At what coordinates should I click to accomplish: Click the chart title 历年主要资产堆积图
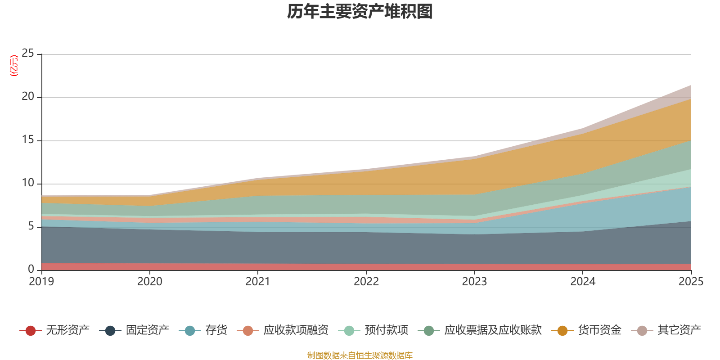pyautogui.click(x=360, y=12)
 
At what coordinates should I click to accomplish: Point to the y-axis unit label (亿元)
pyautogui.click(x=14, y=66)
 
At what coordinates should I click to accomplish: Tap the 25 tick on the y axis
pyautogui.click(x=28, y=53)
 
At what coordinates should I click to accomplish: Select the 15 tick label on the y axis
pyautogui.click(x=28, y=139)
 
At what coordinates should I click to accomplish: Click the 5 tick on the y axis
pyautogui.click(x=31, y=226)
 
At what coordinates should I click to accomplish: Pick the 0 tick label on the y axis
pyautogui.click(x=31, y=269)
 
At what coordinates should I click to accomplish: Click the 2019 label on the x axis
pyautogui.click(x=41, y=282)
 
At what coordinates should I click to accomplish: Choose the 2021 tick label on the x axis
pyautogui.click(x=258, y=282)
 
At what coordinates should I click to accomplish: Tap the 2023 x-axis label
pyautogui.click(x=474, y=282)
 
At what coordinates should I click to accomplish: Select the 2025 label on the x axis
pyautogui.click(x=691, y=282)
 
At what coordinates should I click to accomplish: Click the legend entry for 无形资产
pyautogui.click(x=54, y=330)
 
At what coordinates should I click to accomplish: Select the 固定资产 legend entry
pyautogui.click(x=134, y=330)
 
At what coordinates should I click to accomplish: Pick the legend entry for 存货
pyautogui.click(x=203, y=330)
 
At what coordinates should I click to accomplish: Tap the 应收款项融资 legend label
pyautogui.click(x=296, y=330)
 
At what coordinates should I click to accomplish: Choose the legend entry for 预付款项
pyautogui.click(x=373, y=330)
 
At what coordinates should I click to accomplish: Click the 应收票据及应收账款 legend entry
pyautogui.click(x=480, y=330)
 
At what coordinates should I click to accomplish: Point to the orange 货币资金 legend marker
pyautogui.click(x=562, y=330)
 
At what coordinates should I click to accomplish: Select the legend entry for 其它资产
pyautogui.click(x=666, y=330)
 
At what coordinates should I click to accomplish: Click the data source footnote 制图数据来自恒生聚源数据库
pyautogui.click(x=360, y=355)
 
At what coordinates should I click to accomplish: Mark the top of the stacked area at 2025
pyautogui.click(x=691, y=85)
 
